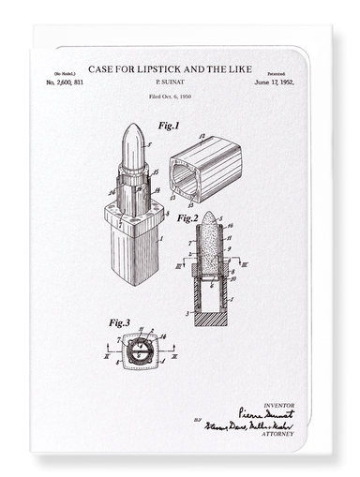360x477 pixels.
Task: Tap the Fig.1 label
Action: [168, 125]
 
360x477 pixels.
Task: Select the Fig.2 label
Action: [187, 218]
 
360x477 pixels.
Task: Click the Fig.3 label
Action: [119, 322]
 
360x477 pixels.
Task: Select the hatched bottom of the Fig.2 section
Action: [210, 319]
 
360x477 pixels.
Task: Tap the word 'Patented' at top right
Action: [276, 73]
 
